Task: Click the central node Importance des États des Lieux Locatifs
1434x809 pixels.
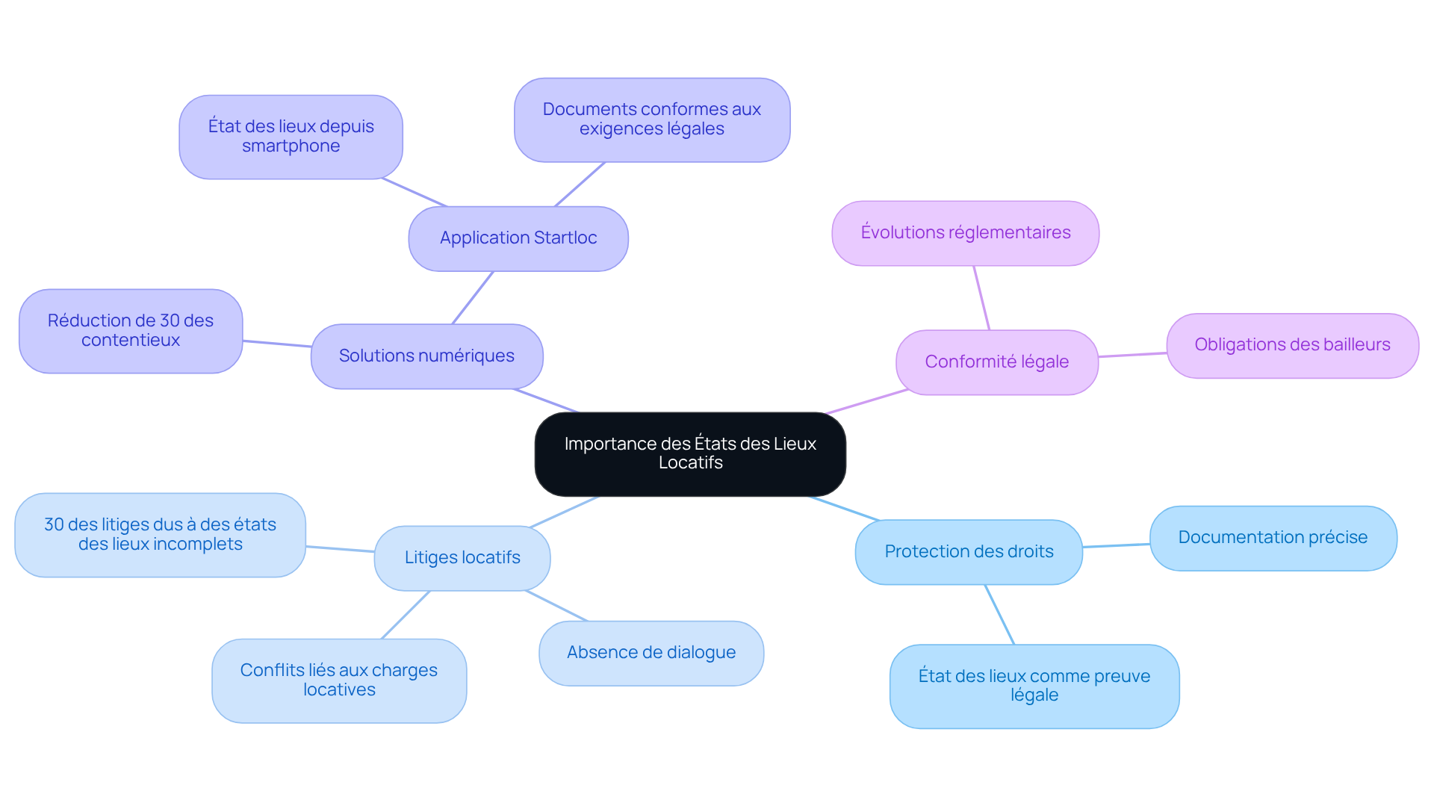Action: click(x=690, y=453)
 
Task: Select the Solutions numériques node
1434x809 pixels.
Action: click(x=426, y=356)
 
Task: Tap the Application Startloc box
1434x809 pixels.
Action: click(x=518, y=238)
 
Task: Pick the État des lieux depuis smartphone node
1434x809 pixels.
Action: click(x=291, y=137)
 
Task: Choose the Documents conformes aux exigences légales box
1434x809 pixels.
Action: click(x=651, y=120)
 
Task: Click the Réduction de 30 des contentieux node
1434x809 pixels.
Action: click(x=131, y=331)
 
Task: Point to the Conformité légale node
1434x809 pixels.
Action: click(x=996, y=362)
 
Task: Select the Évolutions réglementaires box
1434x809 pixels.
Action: click(x=965, y=233)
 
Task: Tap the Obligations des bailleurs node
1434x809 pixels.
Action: click(x=1292, y=345)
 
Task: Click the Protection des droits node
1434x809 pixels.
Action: click(x=969, y=552)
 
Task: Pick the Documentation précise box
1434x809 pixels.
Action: click(x=1273, y=538)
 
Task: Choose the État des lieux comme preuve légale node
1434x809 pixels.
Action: click(x=1034, y=686)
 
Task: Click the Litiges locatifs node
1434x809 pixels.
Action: click(x=462, y=558)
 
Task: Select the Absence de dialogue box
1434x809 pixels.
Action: click(x=651, y=653)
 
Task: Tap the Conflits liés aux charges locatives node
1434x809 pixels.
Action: click(x=339, y=681)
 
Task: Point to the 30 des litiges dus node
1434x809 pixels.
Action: click(x=160, y=535)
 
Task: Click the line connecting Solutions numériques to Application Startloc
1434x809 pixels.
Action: click(x=473, y=297)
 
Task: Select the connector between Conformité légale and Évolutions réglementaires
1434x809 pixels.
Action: click(x=981, y=297)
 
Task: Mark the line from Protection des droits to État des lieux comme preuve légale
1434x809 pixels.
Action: click(x=999, y=614)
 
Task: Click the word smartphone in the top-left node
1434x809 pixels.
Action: click(x=291, y=146)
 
